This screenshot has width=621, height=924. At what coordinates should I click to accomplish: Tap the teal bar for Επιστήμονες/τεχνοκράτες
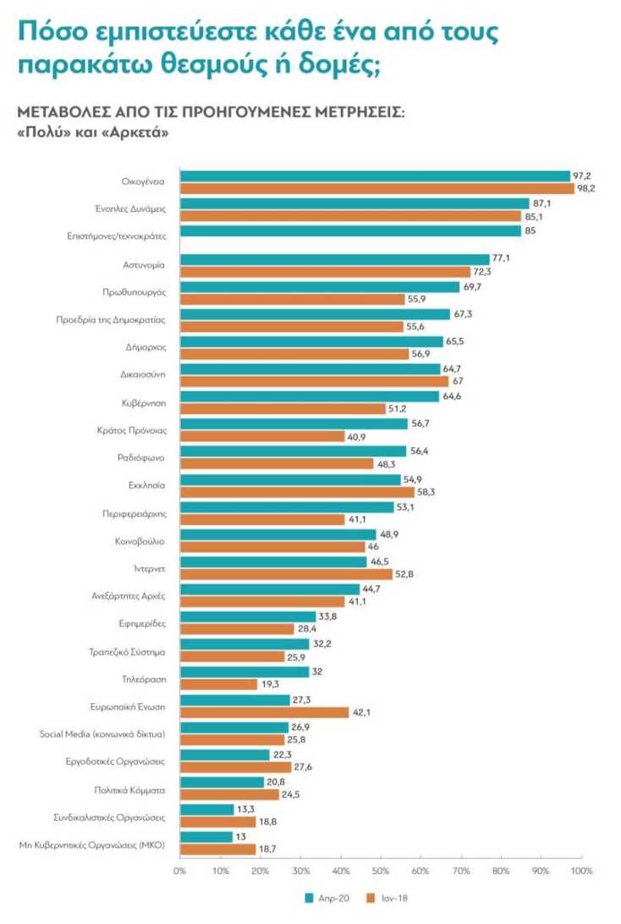(350, 231)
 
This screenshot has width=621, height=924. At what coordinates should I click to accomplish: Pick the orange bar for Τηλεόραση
(218, 684)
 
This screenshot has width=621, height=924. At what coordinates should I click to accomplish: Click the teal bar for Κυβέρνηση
(309, 396)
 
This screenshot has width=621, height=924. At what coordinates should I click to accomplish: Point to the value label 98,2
(586, 188)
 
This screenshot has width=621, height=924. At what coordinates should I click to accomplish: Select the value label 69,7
(472, 286)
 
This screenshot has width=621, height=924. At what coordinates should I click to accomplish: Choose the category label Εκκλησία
(147, 485)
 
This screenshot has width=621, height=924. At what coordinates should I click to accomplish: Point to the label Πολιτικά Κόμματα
(129, 790)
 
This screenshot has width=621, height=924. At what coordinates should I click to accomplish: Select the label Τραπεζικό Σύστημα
(126, 652)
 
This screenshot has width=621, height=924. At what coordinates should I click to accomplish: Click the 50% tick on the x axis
(381, 870)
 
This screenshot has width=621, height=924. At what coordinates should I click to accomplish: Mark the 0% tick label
(179, 870)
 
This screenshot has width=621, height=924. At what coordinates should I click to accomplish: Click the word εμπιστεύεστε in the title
(151, 32)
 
